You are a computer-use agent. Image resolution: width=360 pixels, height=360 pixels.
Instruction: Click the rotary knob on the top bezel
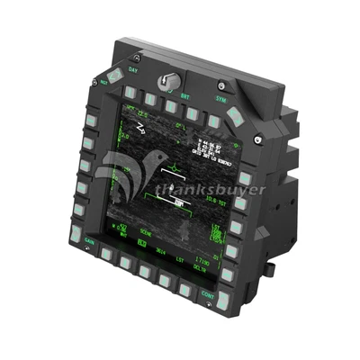pyautogui.click(x=166, y=82)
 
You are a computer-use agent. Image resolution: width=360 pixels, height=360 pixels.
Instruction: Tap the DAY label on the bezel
pyautogui.click(x=133, y=69)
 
